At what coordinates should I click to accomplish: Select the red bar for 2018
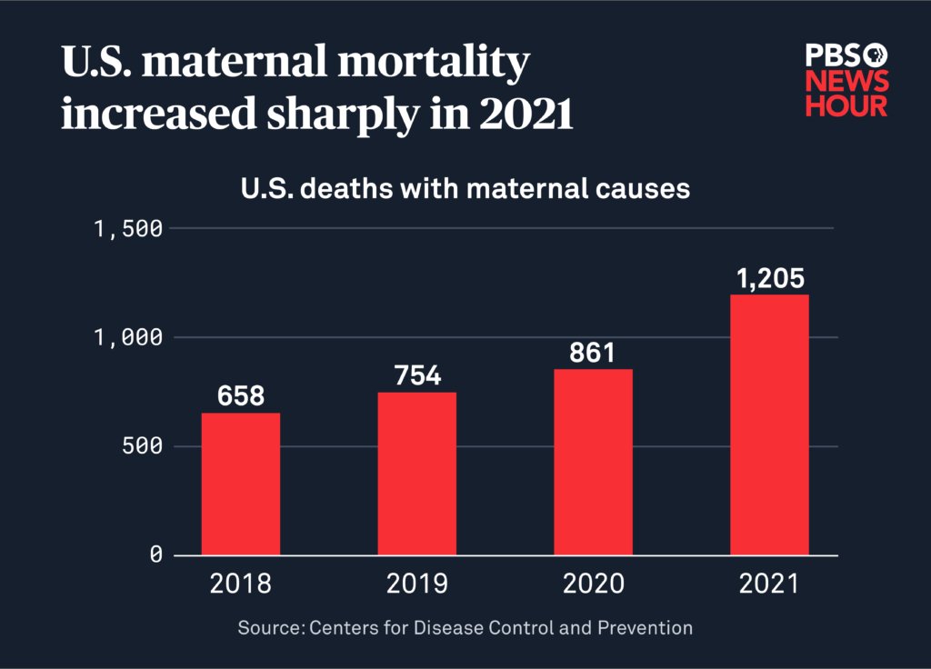[241, 484]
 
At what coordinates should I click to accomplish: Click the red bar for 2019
[417, 474]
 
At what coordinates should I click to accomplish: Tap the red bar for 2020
[594, 462]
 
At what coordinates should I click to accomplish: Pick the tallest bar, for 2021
[769, 424]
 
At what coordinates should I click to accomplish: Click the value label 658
[241, 396]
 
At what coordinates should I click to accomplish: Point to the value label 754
[417, 375]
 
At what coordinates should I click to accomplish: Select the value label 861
[594, 353]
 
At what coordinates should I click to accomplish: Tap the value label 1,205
[770, 278]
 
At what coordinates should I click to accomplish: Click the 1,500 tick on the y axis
[129, 228]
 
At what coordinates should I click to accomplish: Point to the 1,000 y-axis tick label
[129, 337]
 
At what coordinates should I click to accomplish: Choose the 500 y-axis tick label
[142, 446]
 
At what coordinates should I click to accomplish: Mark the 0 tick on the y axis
[155, 554]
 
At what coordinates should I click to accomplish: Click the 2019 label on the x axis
[417, 584]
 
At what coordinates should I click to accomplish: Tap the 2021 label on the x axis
[769, 584]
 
